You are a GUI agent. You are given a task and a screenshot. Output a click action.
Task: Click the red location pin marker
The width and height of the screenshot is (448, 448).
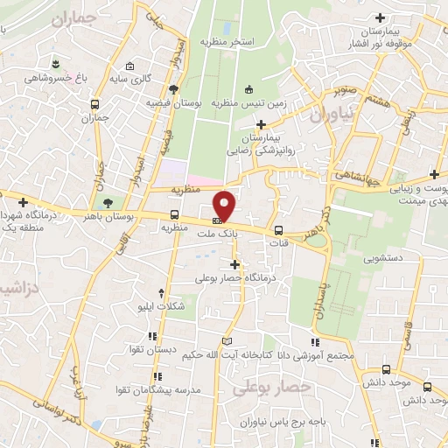coord(225,205)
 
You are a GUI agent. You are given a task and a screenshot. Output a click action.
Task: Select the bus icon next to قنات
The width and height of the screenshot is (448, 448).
coord(279,231)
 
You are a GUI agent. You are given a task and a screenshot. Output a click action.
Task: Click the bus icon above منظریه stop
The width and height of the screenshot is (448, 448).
coord(175,214)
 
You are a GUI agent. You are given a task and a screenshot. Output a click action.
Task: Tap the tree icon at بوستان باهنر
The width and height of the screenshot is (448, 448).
coord(108,202)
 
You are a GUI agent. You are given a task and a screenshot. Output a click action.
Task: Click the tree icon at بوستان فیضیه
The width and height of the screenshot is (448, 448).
coord(174,89)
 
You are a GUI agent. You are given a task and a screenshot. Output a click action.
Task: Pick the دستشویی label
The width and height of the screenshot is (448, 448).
coord(377,258)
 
